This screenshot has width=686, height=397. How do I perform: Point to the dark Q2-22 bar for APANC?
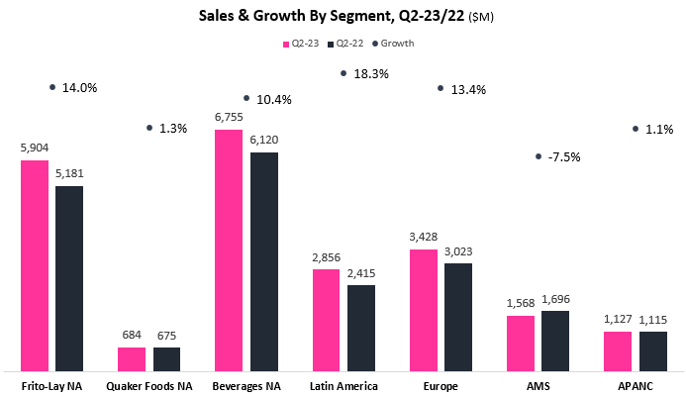click(x=652, y=350)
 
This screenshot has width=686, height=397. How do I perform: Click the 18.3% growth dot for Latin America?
click(x=343, y=73)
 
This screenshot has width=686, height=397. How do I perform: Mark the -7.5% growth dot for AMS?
click(x=538, y=156)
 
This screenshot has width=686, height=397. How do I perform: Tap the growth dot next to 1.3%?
click(x=149, y=128)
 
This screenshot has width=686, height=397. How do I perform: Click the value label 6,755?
click(x=229, y=117)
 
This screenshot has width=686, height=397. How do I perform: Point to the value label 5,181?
click(x=70, y=174)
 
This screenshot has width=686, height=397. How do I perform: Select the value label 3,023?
click(x=458, y=251)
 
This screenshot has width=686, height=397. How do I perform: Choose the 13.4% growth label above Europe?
click(x=470, y=89)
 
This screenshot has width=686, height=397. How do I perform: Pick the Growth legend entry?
click(x=393, y=44)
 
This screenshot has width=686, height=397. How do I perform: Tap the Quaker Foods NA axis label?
click(x=149, y=383)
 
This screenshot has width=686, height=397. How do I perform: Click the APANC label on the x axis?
click(x=635, y=383)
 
